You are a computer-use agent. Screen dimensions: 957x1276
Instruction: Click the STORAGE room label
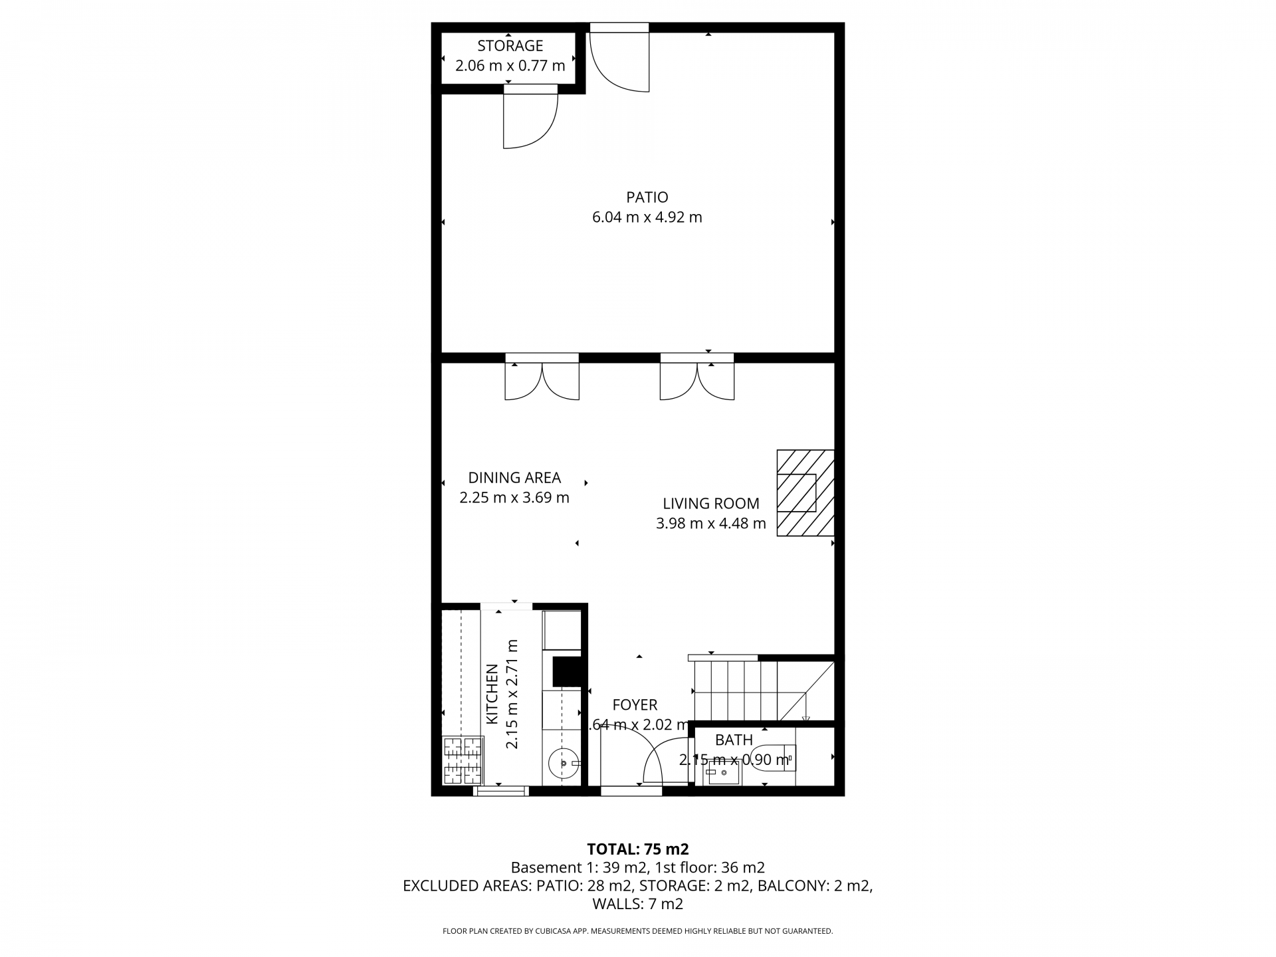coord(510,46)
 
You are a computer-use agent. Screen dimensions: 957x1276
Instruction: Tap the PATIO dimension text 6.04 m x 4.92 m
coord(647,217)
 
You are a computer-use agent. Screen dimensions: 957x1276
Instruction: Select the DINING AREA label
coord(514,478)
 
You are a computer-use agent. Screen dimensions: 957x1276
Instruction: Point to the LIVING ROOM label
coord(710,504)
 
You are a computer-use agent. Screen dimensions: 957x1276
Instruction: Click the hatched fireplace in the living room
coord(805,492)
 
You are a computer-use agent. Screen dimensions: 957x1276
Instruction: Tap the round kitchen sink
coord(564,764)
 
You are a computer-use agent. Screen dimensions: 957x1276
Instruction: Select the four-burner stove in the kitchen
coord(462,760)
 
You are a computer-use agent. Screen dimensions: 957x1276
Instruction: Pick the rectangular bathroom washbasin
coord(723,772)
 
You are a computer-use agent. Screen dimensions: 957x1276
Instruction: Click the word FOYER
coord(635,705)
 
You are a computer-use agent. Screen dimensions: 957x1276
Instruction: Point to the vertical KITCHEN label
coord(492,694)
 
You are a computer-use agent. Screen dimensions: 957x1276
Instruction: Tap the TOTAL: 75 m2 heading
coord(637,849)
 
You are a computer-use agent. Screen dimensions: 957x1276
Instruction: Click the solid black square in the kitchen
coord(567,671)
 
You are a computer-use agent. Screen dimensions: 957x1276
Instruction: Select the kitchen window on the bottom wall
coord(501,791)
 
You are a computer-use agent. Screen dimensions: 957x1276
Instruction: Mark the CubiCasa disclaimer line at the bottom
coord(637,931)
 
